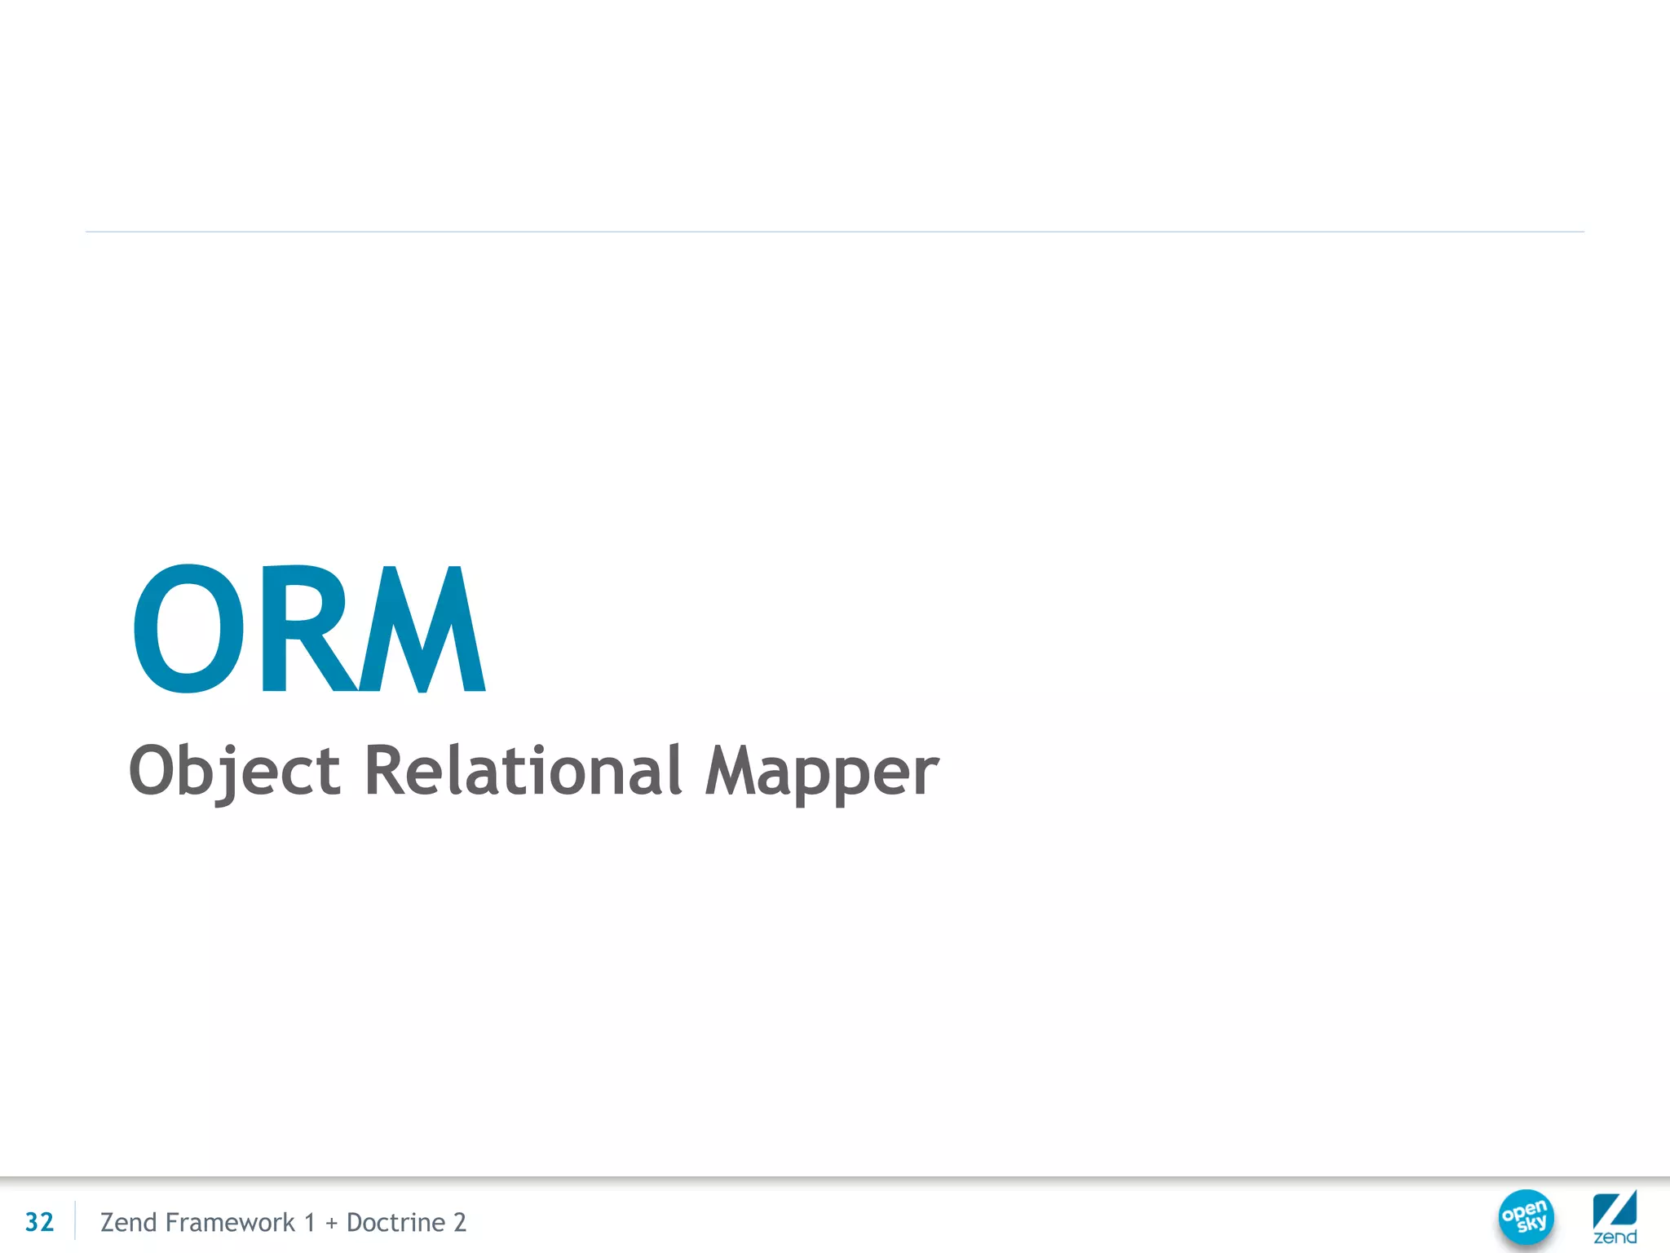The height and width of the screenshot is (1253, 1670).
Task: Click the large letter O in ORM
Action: point(188,628)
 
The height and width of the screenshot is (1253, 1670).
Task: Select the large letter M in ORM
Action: point(422,628)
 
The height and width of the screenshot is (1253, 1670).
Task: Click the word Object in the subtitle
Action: point(235,771)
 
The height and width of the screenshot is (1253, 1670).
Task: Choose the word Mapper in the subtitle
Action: point(822,771)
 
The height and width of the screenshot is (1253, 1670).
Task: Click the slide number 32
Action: point(39,1222)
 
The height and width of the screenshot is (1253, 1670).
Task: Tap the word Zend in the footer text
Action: point(128,1222)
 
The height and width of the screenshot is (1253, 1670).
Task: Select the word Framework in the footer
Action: point(229,1222)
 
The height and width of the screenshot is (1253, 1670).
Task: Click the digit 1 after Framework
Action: point(309,1222)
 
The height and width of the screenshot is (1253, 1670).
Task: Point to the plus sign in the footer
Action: point(331,1224)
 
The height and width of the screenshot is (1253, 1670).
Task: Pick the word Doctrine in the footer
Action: point(395,1222)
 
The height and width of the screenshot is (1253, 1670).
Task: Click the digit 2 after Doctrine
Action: point(460,1222)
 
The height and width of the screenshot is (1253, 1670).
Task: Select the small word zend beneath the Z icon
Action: point(1615,1238)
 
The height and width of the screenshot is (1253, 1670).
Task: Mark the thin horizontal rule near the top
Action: point(835,232)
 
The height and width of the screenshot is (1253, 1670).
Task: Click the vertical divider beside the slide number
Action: point(75,1221)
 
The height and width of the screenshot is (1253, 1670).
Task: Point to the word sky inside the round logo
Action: point(1531,1224)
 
